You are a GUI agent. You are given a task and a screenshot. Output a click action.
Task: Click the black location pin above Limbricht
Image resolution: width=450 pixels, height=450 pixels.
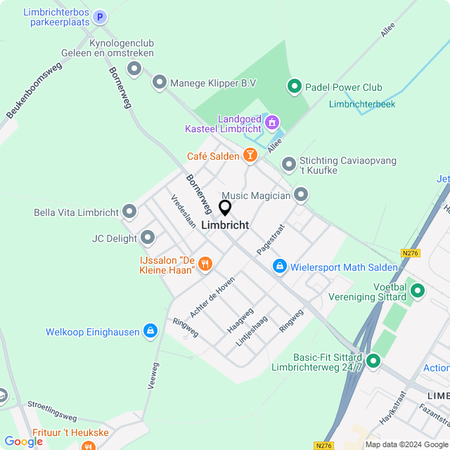point(225,208)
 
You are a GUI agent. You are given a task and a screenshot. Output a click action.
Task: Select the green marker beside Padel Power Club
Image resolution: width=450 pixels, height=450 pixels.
point(294,87)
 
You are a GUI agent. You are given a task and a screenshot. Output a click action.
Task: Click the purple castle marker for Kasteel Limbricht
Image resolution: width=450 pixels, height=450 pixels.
point(271,124)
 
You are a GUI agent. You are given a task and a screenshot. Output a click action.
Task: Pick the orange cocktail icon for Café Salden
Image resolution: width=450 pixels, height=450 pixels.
point(250,155)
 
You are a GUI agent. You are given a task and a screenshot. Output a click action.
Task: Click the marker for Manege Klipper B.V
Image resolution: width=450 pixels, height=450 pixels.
point(160,83)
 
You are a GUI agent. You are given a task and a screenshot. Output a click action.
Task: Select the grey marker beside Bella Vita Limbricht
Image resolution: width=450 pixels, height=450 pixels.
point(129,212)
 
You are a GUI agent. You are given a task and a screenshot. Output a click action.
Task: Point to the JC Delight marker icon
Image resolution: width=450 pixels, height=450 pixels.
point(148,238)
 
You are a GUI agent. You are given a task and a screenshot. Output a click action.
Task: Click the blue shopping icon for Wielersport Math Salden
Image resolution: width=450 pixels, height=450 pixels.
point(280,266)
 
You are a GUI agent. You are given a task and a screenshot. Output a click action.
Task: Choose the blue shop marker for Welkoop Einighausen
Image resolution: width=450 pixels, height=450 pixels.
point(150,331)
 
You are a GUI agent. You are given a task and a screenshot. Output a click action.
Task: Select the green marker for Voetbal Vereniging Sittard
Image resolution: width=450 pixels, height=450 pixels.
point(418,290)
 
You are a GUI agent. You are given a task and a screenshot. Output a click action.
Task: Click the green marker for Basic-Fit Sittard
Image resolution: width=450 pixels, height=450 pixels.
point(373,361)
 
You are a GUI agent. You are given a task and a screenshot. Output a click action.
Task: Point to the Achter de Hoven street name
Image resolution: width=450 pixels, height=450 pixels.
point(212,296)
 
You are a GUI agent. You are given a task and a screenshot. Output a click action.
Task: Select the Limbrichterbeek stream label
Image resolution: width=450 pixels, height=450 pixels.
point(362,105)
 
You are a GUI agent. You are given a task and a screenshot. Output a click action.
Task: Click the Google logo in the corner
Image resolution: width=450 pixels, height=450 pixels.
point(23,442)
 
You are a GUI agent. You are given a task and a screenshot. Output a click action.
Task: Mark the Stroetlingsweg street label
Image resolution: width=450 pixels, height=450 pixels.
point(53,410)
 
